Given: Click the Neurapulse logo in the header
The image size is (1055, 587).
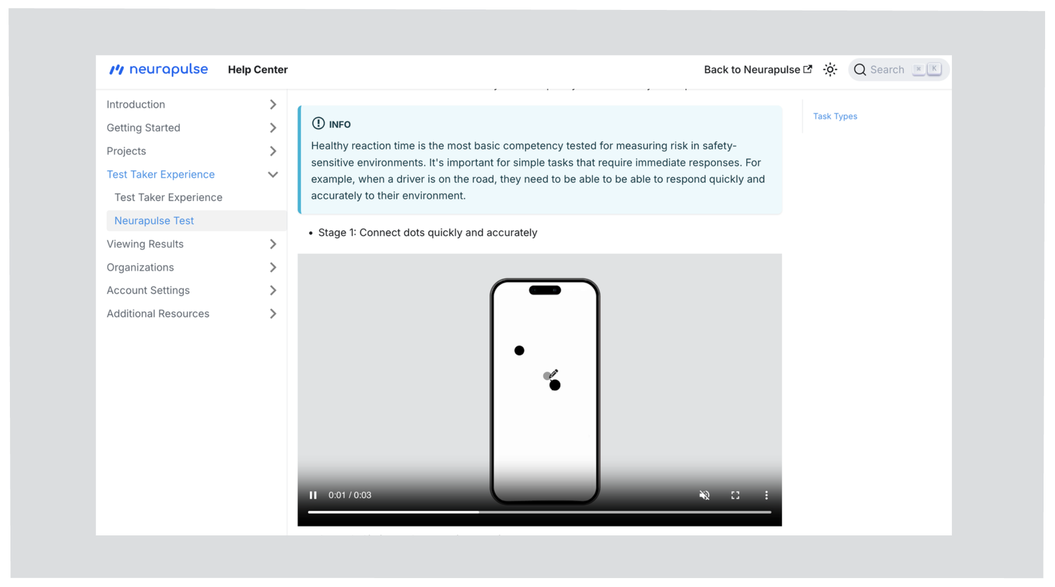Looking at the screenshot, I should (x=158, y=69).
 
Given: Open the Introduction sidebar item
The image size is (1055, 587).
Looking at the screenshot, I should (x=136, y=104).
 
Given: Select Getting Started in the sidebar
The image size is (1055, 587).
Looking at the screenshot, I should (x=143, y=128).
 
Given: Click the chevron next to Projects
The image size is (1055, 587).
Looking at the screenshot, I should (x=273, y=151).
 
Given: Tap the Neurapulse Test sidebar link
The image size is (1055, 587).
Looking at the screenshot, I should (x=154, y=220).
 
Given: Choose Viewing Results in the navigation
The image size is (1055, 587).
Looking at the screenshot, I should (x=145, y=244).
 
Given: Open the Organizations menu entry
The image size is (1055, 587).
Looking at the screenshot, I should (x=140, y=267).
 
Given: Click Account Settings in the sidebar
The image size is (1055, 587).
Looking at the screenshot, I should (x=148, y=290).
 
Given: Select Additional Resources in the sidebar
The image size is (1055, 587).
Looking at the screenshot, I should (x=158, y=314).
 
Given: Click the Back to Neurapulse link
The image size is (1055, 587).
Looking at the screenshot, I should (x=758, y=69).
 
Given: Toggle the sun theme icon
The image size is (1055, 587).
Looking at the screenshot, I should (x=830, y=69).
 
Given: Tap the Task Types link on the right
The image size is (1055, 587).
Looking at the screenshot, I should (x=835, y=116).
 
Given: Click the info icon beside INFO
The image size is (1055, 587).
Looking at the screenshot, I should (x=318, y=124).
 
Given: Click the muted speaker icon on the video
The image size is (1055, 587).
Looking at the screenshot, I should (x=704, y=495).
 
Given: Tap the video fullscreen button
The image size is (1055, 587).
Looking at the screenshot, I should (x=735, y=495).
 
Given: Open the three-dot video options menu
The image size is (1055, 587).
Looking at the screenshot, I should (x=766, y=495).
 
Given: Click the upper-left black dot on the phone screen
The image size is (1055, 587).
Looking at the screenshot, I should (x=519, y=351).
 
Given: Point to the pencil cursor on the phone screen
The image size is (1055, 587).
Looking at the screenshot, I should (x=553, y=373).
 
